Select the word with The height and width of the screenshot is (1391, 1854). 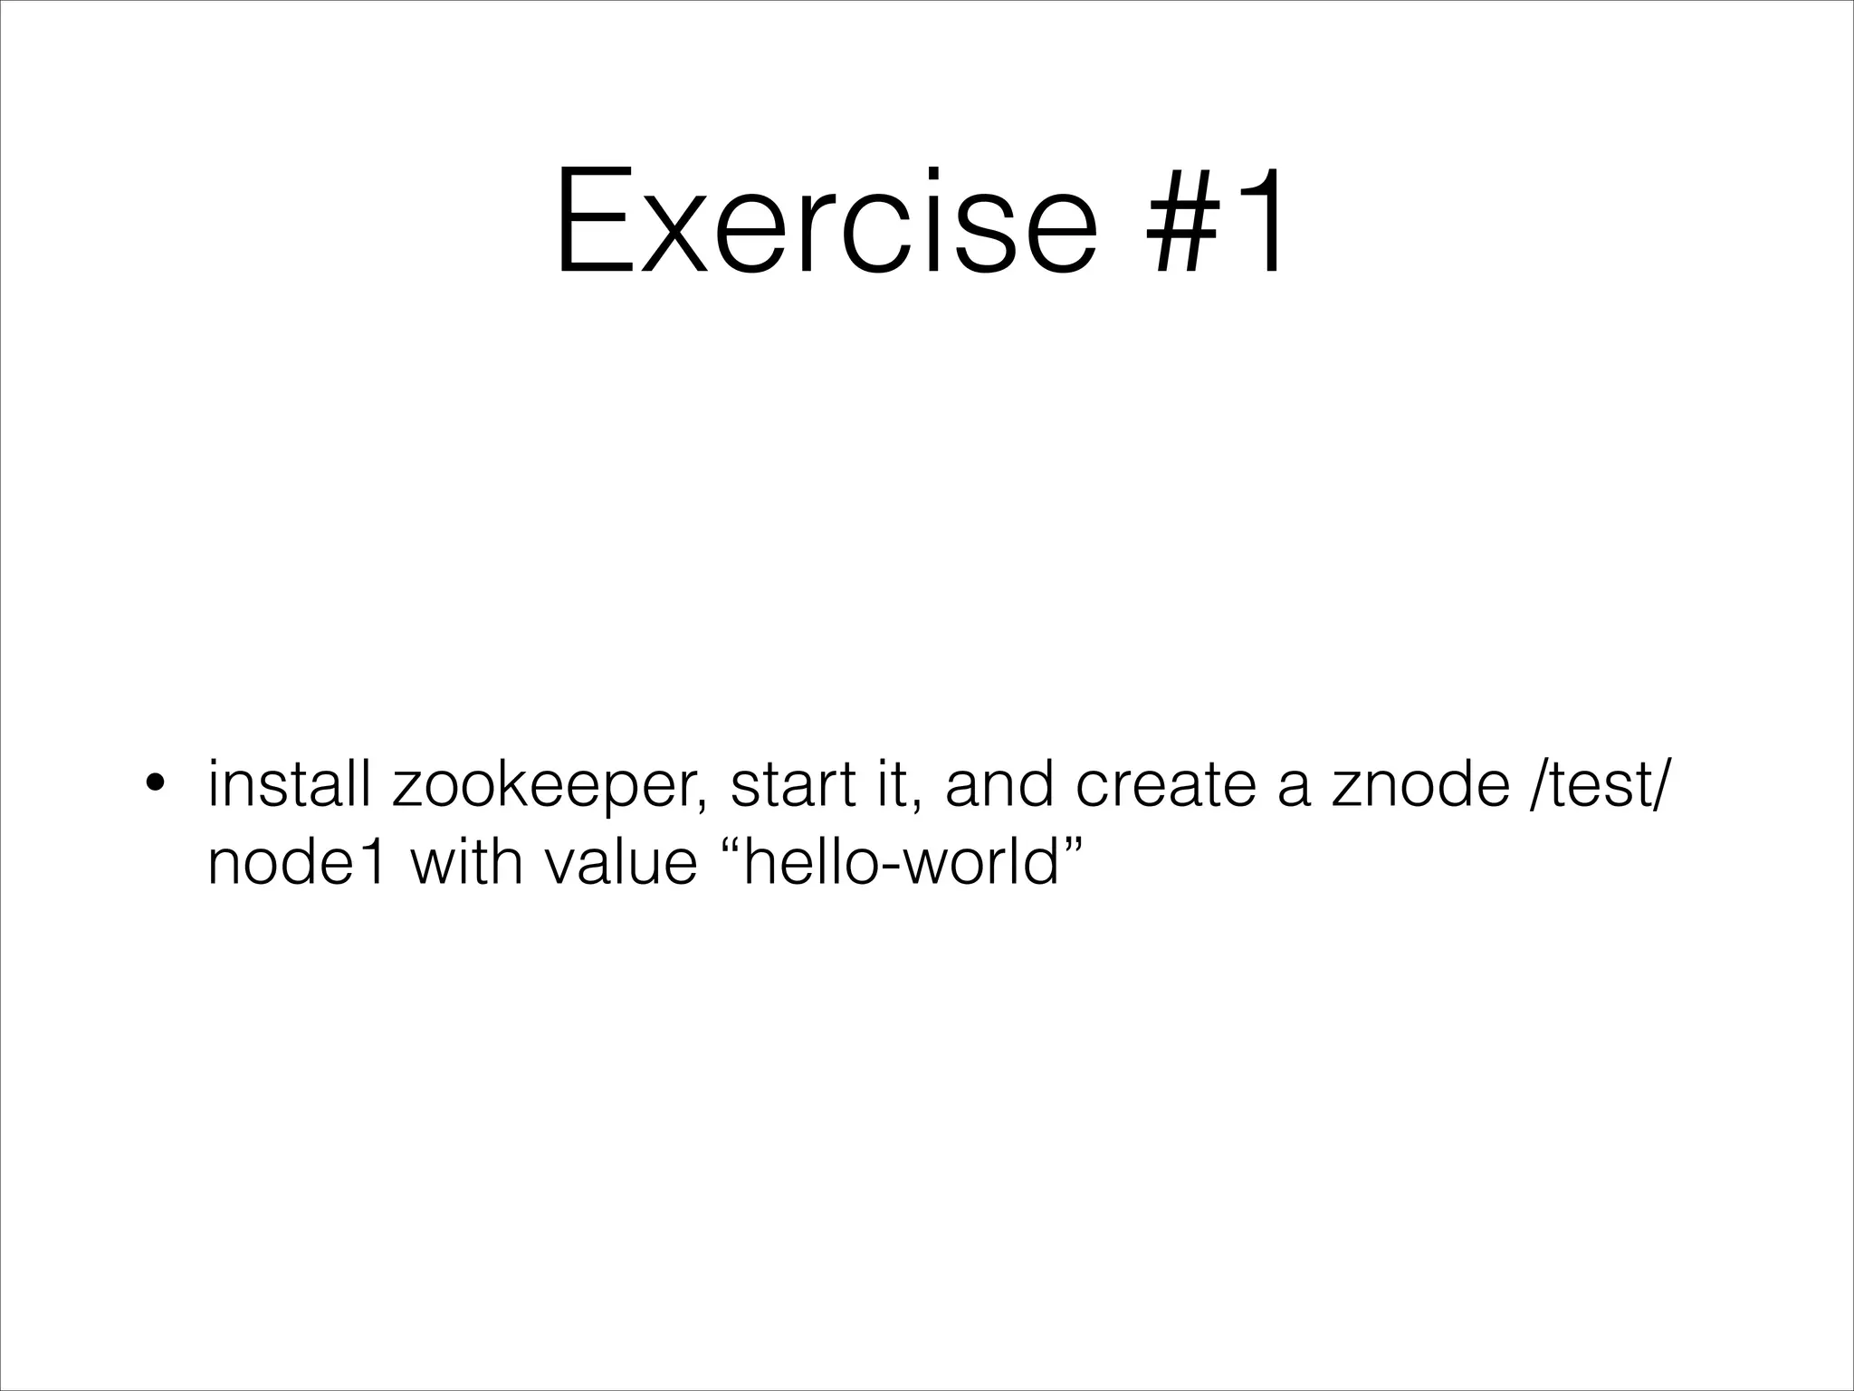tap(467, 862)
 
